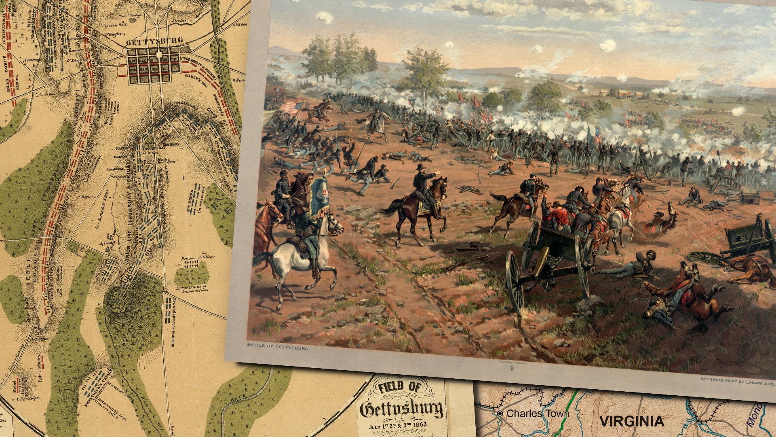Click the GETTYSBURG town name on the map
154,41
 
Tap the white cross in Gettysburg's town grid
159,55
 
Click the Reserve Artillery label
198,257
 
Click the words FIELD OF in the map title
400,387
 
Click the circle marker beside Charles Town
500,414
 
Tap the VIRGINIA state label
631,421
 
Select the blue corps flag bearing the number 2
320,196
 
